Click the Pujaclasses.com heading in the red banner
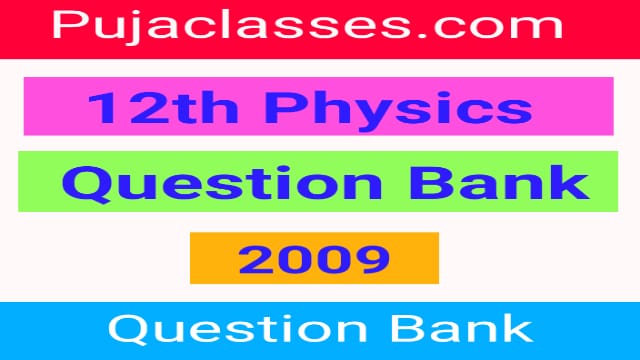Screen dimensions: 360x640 pyautogui.click(x=320, y=27)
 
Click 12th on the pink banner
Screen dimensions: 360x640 pyautogui.click(x=149, y=106)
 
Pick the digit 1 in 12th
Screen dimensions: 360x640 pyautogui.click(x=101, y=106)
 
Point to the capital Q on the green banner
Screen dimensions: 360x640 pyautogui.click(x=87, y=183)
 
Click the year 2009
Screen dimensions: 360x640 pyautogui.click(x=313, y=259)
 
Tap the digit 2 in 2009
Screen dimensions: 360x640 pyautogui.click(x=254, y=259)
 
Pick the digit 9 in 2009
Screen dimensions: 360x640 pyautogui.click(x=373, y=259)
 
